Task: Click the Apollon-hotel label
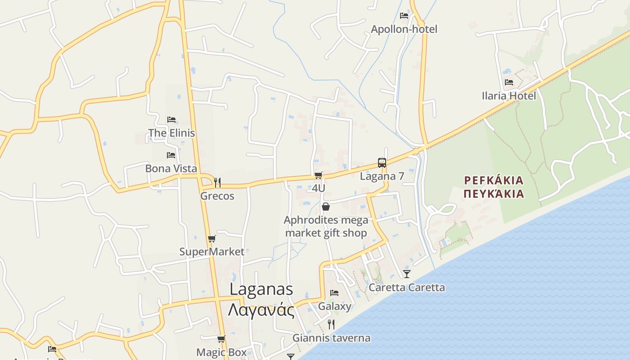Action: click(404, 29)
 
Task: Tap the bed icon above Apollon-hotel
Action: click(404, 16)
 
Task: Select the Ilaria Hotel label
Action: click(509, 96)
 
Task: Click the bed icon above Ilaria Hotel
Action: click(509, 82)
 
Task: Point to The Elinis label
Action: click(171, 133)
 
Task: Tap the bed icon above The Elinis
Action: click(171, 119)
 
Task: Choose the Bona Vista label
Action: click(171, 168)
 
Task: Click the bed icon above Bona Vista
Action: click(171, 155)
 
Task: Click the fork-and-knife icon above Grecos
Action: click(217, 182)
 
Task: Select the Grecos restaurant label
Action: click(217, 196)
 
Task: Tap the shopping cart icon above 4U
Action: click(319, 175)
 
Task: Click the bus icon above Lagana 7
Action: click(382, 162)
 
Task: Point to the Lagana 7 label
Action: click(382, 176)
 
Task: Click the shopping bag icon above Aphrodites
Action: click(326, 207)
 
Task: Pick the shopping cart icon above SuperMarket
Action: click(212, 238)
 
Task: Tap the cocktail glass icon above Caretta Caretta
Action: click(407, 274)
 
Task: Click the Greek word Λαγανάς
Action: click(261, 310)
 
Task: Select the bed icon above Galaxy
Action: click(334, 292)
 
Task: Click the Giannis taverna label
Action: click(332, 338)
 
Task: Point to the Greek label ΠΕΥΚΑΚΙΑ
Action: click(494, 194)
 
